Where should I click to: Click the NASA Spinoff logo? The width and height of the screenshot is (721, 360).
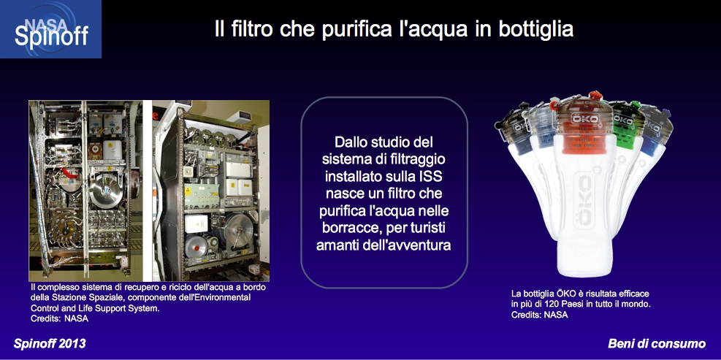(50, 29)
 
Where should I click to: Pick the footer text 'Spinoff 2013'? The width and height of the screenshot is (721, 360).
(50, 344)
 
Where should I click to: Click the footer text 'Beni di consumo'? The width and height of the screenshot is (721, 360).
(657, 344)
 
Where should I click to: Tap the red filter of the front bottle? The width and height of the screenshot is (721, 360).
(586, 139)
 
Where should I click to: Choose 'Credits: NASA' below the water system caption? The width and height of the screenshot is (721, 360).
(59, 318)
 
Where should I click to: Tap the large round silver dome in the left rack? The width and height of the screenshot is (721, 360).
(106, 188)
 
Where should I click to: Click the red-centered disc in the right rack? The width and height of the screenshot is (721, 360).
(197, 246)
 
